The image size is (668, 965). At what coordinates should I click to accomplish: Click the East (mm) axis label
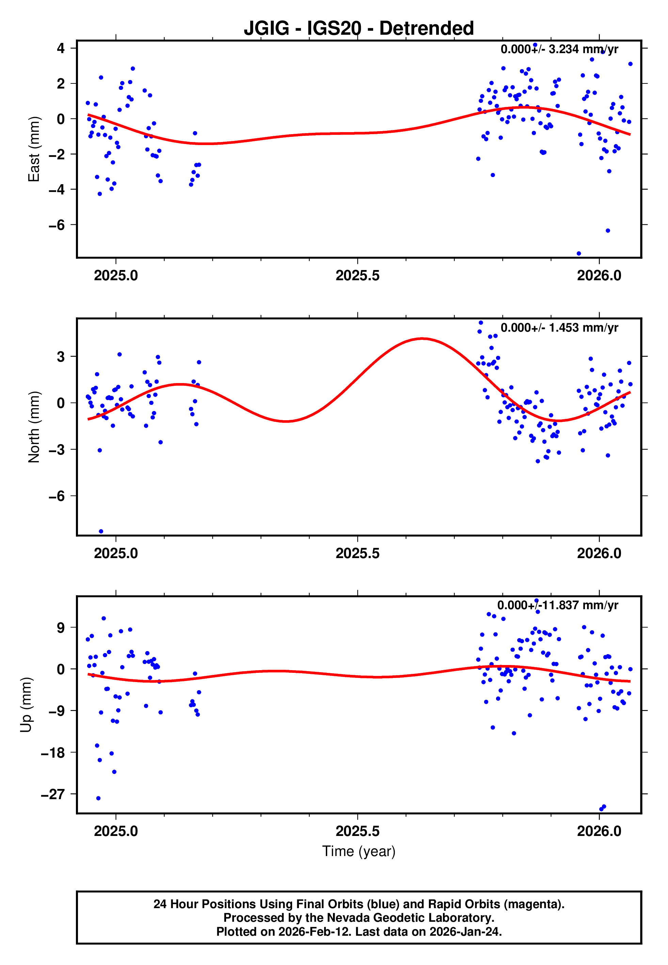[x=33, y=149]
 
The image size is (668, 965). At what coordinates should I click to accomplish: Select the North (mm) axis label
[x=33, y=427]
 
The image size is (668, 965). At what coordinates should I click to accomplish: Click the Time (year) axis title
[x=359, y=852]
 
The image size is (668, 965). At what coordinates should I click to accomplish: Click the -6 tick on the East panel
[x=57, y=225]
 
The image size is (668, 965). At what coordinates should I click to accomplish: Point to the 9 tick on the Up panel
[x=61, y=628]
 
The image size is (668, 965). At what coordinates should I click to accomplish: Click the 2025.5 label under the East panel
[x=357, y=276]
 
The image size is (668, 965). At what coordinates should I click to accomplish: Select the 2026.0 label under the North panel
[x=599, y=554]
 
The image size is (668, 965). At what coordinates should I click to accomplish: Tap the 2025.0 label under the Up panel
[x=116, y=831]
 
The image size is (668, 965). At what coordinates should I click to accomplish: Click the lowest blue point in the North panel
[x=101, y=532]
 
